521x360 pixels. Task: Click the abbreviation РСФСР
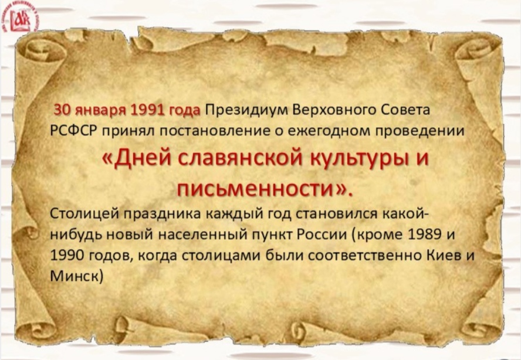point(73,131)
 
